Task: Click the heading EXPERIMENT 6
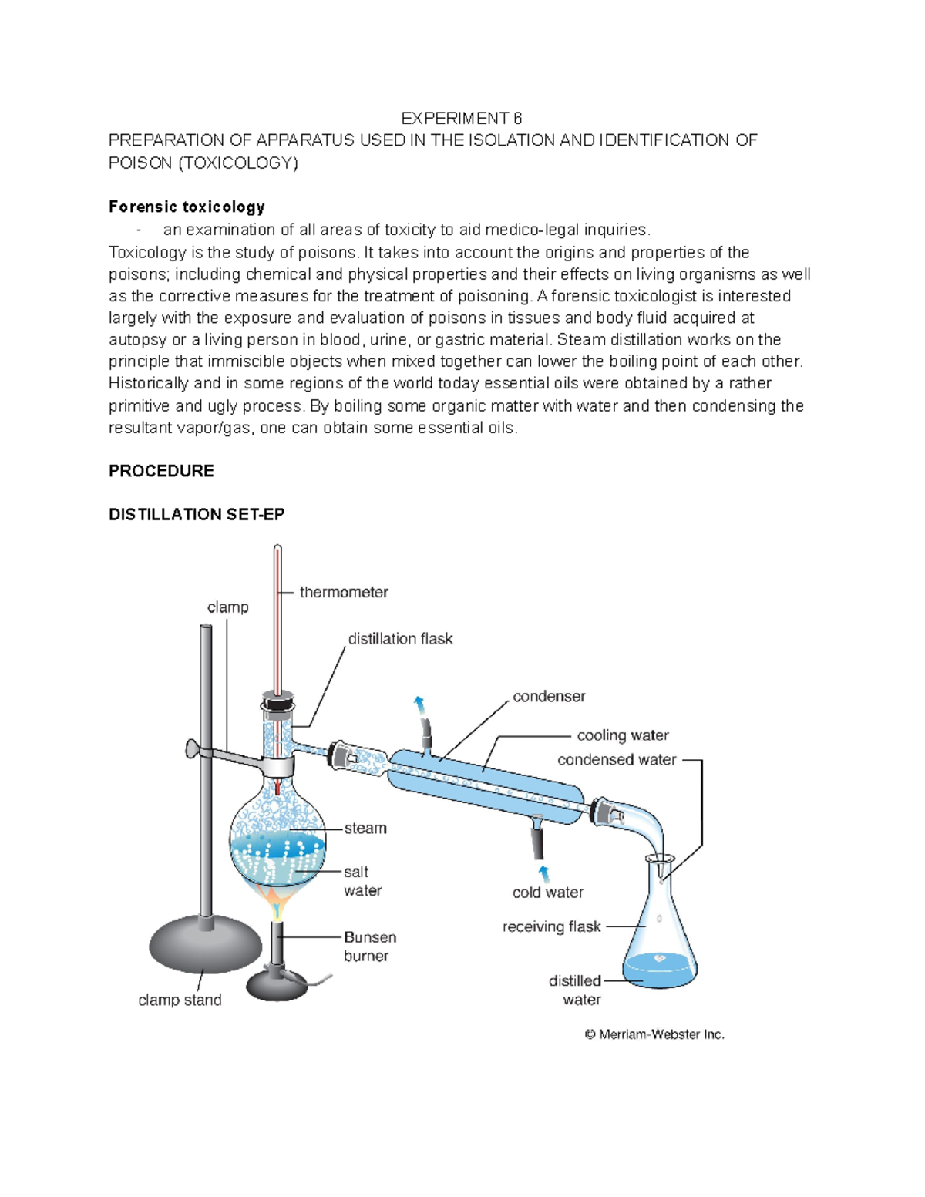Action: pos(461,118)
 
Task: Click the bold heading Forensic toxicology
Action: pos(187,207)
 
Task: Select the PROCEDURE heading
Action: pos(161,471)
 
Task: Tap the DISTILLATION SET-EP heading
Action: pos(197,514)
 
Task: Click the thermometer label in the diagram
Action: pos(344,592)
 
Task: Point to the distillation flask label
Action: pos(400,638)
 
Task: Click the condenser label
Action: pos(549,696)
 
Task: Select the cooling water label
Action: pos(623,735)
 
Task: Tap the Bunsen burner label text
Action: pos(369,947)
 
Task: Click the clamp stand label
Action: pos(180,1000)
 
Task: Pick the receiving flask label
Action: pos(551,926)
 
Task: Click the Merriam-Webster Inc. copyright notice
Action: pos(654,1034)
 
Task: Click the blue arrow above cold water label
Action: pos(544,873)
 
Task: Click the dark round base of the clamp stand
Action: pos(206,945)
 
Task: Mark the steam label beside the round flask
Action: pos(365,828)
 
